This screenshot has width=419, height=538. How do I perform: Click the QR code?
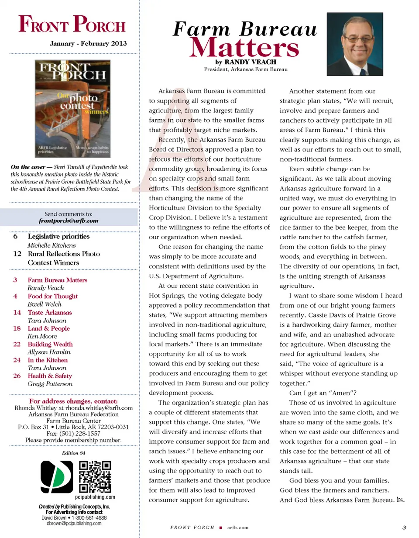(95, 477)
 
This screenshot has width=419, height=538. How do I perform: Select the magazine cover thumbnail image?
(73, 108)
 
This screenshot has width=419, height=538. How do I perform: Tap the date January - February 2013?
(88, 44)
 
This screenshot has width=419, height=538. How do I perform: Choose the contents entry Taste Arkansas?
(50, 312)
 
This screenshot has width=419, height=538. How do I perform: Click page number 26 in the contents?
(17, 376)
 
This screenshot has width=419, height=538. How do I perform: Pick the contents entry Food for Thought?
(52, 296)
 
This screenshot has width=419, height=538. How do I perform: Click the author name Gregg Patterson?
(50, 384)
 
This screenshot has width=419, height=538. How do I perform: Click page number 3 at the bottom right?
(404, 527)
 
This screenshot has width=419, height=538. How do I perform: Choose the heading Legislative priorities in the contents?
(58, 236)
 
